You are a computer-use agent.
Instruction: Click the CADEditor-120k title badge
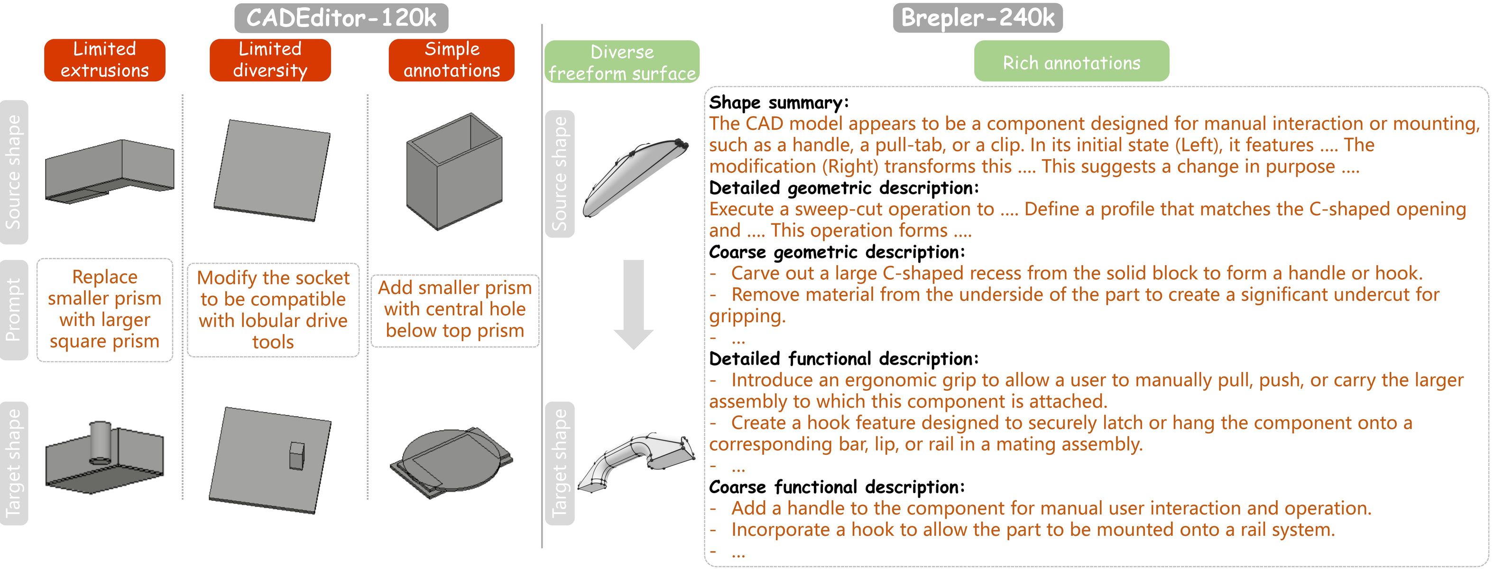point(341,18)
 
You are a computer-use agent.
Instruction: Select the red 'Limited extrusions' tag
point(104,60)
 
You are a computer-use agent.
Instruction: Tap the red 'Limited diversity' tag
point(270,60)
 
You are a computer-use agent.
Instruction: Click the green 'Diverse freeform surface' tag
point(622,62)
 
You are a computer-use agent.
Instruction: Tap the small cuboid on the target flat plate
point(297,456)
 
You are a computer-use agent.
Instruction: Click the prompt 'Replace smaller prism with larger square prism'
point(104,309)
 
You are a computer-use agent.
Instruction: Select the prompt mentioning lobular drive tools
point(273,310)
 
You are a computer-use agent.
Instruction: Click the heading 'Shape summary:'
point(778,103)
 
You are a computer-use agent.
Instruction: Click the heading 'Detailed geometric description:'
point(843,188)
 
